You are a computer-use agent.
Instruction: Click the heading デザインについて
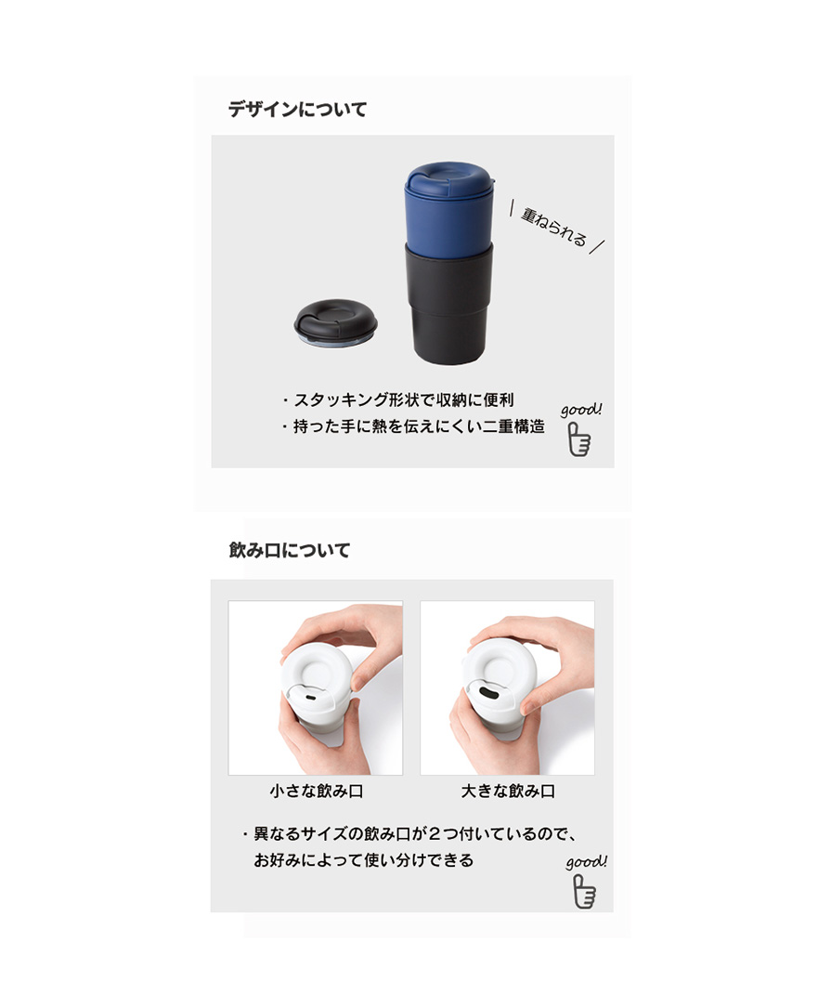click(297, 110)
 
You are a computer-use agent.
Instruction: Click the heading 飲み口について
click(289, 550)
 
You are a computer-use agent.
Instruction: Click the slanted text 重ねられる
click(554, 227)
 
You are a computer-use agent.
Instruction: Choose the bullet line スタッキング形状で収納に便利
click(397, 399)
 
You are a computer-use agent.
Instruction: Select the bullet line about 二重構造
click(412, 426)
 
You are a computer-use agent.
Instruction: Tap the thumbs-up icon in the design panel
click(579, 439)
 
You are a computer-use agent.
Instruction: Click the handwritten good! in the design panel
click(581, 409)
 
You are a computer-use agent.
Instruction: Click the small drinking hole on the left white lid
click(310, 698)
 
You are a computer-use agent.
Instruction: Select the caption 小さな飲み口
click(317, 791)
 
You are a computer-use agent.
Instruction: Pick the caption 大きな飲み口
click(508, 791)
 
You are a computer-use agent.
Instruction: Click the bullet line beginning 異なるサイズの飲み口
click(409, 833)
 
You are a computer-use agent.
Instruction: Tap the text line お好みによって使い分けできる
click(364, 860)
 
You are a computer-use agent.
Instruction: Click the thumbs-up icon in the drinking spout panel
click(584, 891)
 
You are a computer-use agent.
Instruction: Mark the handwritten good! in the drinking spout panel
click(586, 861)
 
